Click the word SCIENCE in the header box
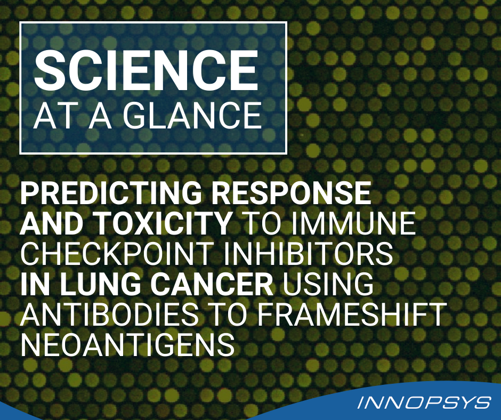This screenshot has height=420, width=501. click(146, 70)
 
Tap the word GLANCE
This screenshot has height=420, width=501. click(192, 116)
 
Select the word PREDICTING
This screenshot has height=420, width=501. click(111, 193)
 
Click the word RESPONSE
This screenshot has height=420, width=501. click(292, 193)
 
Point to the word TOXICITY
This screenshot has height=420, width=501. click(163, 223)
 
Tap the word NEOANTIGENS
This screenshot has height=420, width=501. click(128, 344)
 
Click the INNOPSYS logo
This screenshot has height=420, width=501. click(424, 402)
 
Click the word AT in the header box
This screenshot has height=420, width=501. click(57, 116)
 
